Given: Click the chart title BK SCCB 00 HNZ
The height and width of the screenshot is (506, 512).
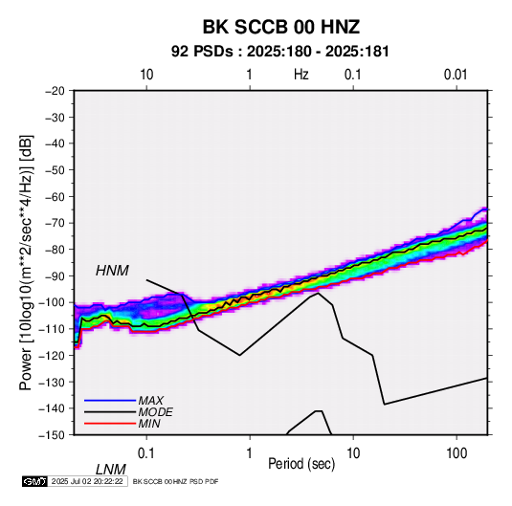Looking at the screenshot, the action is coord(281,27).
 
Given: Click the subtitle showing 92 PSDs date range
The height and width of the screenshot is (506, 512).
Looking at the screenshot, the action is coord(280,52).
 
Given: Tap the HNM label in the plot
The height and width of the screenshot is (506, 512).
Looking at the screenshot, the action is coord(112,271).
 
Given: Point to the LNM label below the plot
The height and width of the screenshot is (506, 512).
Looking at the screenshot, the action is coord(111,470).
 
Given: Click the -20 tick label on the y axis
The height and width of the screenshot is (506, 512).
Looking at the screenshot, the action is coord(55,91).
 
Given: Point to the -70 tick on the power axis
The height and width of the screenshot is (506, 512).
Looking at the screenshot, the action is coord(55,223).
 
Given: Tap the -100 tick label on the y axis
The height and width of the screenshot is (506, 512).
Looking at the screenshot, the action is coord(52,302).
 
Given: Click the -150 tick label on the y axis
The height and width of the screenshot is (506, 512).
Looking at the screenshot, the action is coord(52,435).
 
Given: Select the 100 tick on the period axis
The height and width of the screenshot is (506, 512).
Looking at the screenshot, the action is coord(456,453).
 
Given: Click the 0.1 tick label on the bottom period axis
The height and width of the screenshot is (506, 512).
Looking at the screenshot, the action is coord(146,453).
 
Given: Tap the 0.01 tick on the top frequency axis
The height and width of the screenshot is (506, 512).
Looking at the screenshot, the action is coord(456,75).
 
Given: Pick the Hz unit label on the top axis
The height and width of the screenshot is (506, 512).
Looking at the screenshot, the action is coord(301,75).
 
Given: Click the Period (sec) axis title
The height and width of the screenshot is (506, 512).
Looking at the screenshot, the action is coord(301,464).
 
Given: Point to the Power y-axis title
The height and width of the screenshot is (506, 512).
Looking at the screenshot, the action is coord(26,263).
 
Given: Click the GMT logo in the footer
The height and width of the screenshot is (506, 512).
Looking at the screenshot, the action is coord(34,481).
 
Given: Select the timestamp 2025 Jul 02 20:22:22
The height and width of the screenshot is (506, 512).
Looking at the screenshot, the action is coord(87,481).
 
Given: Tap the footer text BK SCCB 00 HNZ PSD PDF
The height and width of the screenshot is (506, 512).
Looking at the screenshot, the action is coord(176,481).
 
